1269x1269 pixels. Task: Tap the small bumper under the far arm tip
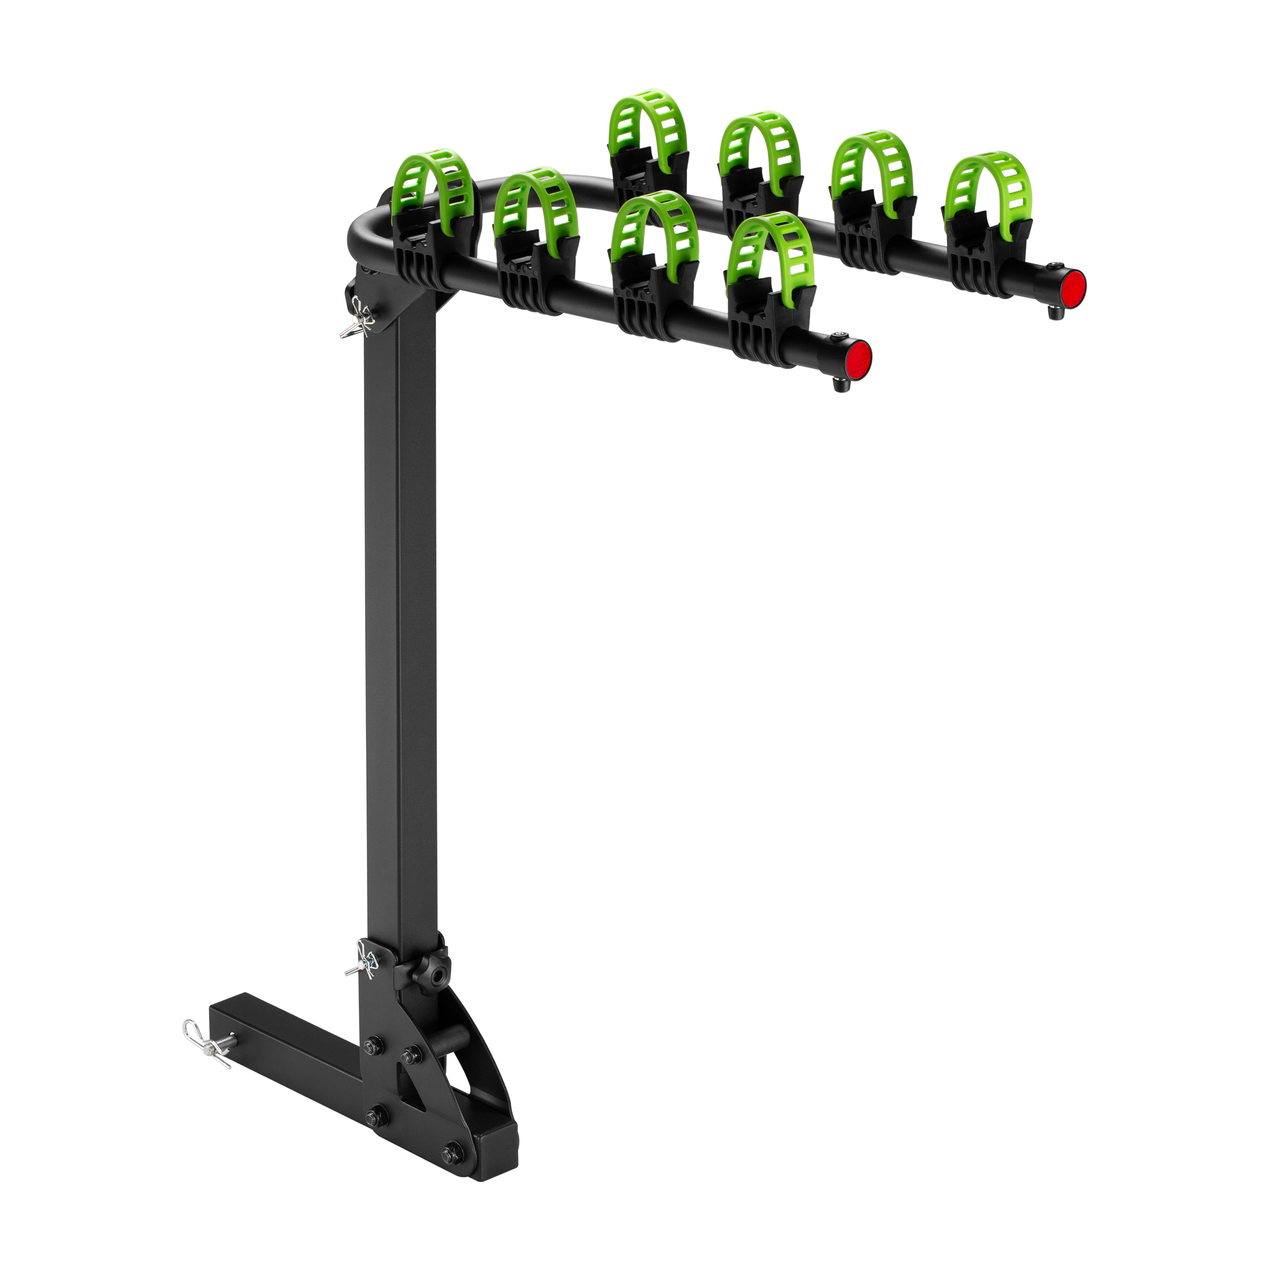[1055, 315]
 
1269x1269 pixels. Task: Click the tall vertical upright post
[401, 624]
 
